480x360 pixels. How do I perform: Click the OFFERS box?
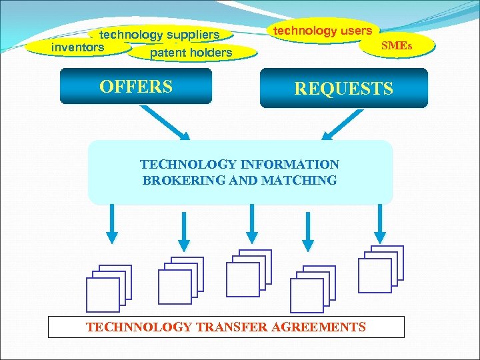click(x=135, y=87)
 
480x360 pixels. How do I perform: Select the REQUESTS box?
click(x=343, y=88)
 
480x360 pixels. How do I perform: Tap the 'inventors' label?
click(x=77, y=47)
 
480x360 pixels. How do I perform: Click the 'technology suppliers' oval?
click(x=160, y=34)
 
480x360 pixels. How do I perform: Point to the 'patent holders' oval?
click(x=191, y=53)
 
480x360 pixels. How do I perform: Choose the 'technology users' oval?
click(x=323, y=31)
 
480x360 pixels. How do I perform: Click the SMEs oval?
click(x=396, y=46)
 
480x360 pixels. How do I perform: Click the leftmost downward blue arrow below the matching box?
click(x=112, y=223)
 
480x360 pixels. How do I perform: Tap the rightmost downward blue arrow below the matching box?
click(x=380, y=223)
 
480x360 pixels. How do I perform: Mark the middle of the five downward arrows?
click(x=251, y=223)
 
